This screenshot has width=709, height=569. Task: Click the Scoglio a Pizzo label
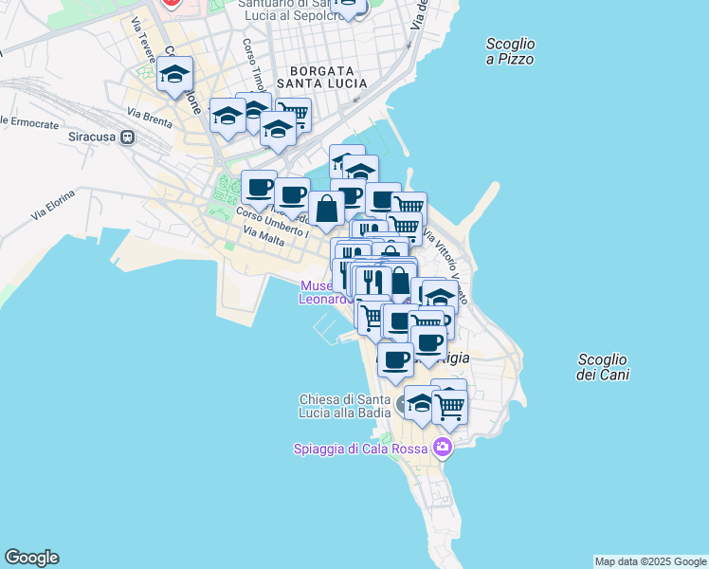510,51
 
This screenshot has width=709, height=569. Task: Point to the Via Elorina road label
52,207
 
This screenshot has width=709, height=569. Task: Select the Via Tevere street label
143,40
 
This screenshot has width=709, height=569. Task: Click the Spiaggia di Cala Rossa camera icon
442,447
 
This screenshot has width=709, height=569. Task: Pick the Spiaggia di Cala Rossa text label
361,448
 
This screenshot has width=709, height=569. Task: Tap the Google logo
31,558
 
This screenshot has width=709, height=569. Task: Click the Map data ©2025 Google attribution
650,561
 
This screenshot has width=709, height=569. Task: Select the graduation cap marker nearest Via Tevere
175,74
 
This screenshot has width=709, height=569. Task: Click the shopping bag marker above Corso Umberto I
326,209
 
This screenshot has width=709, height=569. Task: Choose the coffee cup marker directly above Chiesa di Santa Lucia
395,359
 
